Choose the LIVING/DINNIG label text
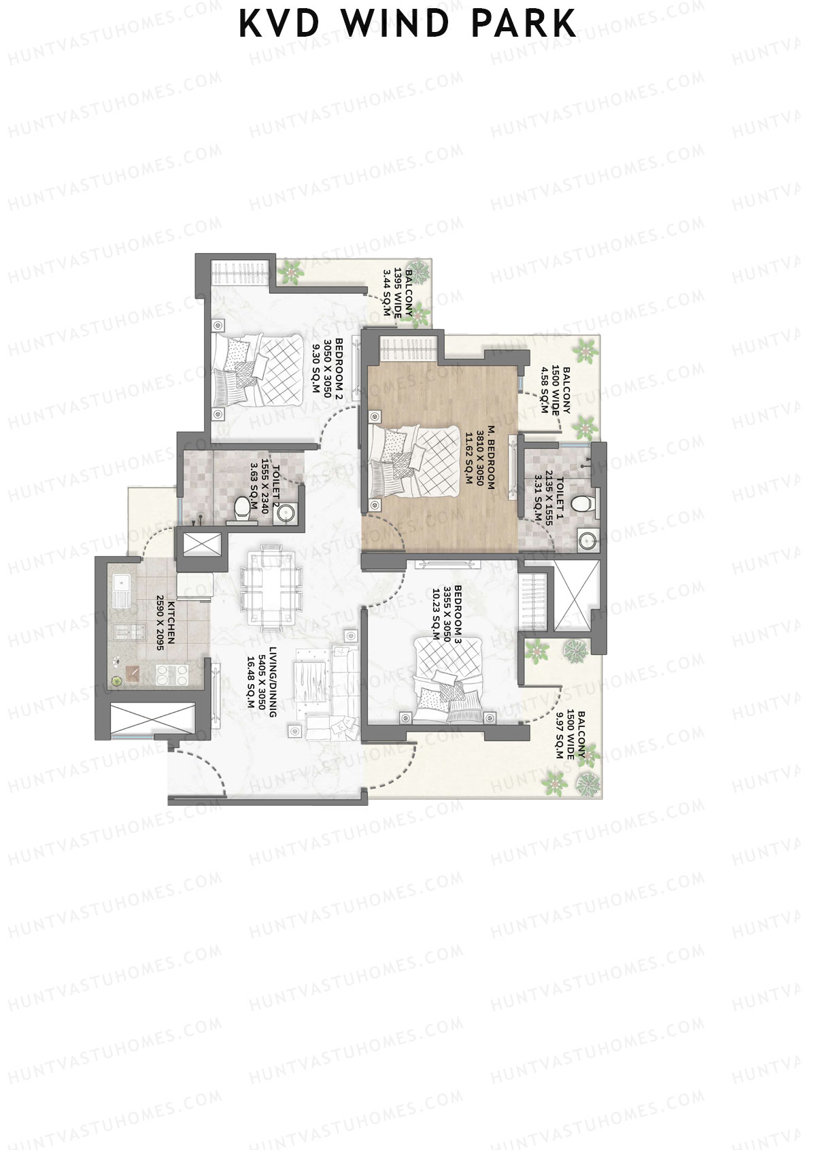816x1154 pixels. pos(272,683)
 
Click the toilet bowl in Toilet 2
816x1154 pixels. pos(241,508)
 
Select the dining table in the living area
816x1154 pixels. pos(271,588)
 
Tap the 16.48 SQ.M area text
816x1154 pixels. pos(250,682)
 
